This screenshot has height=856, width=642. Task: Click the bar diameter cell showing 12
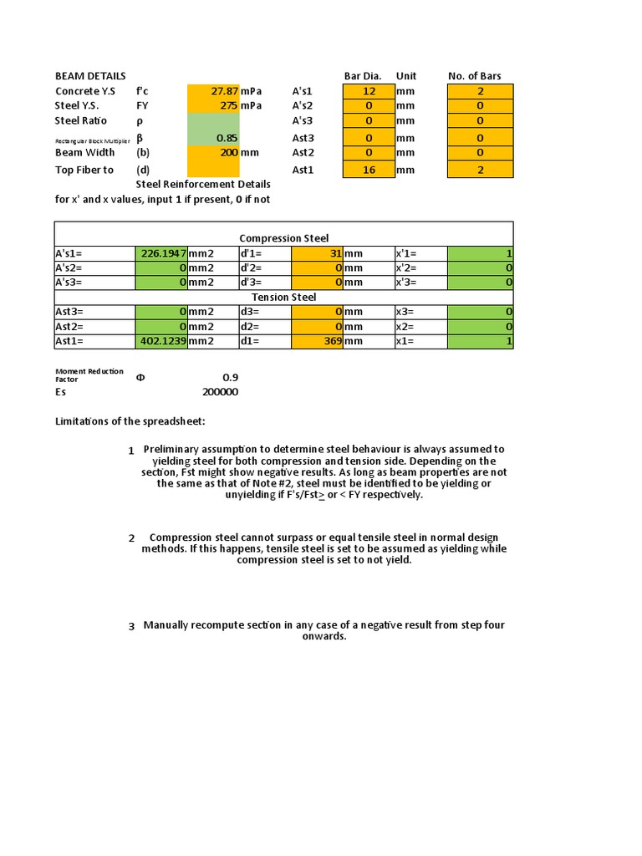(369, 91)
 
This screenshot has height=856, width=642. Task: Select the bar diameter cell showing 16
(369, 171)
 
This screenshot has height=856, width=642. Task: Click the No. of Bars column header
(474, 76)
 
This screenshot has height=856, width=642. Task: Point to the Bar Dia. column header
(362, 76)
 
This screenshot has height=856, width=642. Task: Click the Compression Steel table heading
(283, 239)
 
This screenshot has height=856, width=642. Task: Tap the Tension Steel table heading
(283, 298)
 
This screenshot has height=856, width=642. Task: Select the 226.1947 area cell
(161, 254)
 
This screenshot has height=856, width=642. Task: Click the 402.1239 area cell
(161, 342)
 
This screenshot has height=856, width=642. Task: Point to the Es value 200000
(220, 392)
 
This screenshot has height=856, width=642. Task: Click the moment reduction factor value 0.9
(230, 377)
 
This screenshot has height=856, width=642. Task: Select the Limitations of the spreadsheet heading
(130, 420)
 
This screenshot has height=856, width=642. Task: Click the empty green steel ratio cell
(213, 121)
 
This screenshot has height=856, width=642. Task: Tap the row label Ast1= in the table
(70, 342)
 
